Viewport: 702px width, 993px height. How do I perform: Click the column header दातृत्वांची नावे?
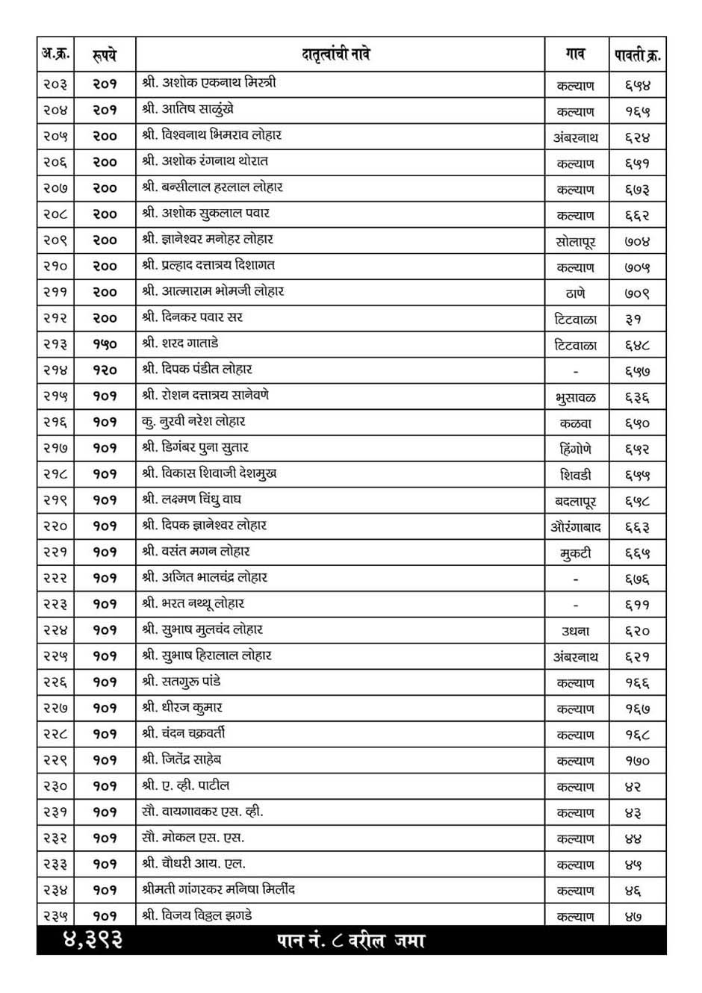pos(336,55)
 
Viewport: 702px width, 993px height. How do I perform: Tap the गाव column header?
pos(576,55)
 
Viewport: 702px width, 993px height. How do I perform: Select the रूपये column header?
pos(105,55)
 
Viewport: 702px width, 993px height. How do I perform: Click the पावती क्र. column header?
pos(637,55)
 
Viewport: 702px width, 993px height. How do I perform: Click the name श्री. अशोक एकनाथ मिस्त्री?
pos(209,83)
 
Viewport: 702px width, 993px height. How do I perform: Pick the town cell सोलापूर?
pos(576,242)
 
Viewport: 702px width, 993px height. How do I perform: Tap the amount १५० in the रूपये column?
pos(105,344)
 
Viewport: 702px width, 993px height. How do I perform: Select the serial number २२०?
pos(55,526)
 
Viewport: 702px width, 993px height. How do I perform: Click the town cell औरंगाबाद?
pos(576,527)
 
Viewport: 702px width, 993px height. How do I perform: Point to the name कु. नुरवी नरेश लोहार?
pos(193,422)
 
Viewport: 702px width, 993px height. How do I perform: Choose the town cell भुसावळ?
pos(576,398)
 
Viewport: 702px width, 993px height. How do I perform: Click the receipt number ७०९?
pos(637,293)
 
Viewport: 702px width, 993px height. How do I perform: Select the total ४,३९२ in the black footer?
pos(92,941)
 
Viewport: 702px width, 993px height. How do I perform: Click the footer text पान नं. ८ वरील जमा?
pos(350,941)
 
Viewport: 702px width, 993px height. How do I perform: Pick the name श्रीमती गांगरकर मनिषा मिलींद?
pos(219,890)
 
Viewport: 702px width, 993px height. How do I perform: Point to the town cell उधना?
pos(576,631)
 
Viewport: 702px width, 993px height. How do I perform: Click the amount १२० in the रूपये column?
pos(105,370)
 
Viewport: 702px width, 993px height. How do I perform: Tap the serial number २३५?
pos(55,916)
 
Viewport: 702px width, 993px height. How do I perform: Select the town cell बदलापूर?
pos(576,501)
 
